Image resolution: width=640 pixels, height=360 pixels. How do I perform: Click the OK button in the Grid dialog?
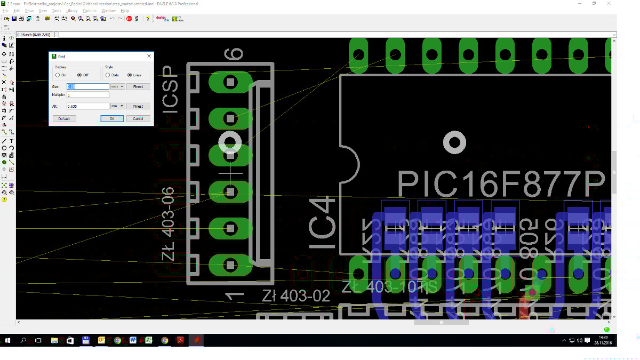click(x=112, y=118)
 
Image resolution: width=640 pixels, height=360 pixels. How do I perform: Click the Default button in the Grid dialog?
click(x=64, y=118)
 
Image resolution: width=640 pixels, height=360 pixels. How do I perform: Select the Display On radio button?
click(x=58, y=75)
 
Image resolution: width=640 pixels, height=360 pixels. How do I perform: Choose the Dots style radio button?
click(x=108, y=75)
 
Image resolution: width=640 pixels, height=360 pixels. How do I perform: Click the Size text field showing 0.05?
click(x=87, y=86)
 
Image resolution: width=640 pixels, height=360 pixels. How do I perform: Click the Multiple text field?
click(x=87, y=95)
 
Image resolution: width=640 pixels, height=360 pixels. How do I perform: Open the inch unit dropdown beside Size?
click(x=117, y=86)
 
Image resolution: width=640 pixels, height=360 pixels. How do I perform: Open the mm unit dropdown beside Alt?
click(x=117, y=106)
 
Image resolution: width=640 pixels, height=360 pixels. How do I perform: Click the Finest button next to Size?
click(x=138, y=86)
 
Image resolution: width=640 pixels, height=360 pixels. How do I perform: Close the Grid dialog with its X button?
click(x=149, y=56)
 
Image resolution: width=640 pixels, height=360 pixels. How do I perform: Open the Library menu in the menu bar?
click(x=72, y=11)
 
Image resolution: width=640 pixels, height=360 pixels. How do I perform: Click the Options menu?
click(x=89, y=11)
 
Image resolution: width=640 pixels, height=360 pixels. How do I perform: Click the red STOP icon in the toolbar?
click(x=129, y=19)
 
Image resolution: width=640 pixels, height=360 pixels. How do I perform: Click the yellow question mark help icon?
click(x=148, y=19)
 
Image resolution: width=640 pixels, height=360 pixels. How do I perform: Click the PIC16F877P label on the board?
click(x=502, y=184)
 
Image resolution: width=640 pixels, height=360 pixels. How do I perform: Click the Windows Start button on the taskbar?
click(x=8, y=340)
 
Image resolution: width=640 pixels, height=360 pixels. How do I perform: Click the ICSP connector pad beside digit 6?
click(x=230, y=82)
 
